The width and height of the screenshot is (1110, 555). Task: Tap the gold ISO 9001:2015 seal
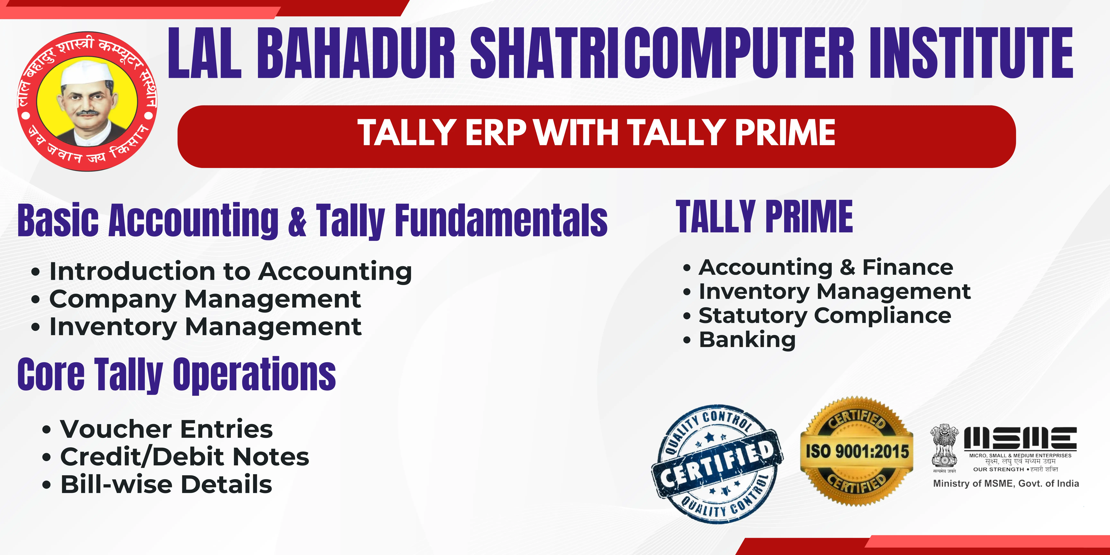pos(857,451)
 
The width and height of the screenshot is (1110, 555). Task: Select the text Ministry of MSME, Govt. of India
pos(1006,484)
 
